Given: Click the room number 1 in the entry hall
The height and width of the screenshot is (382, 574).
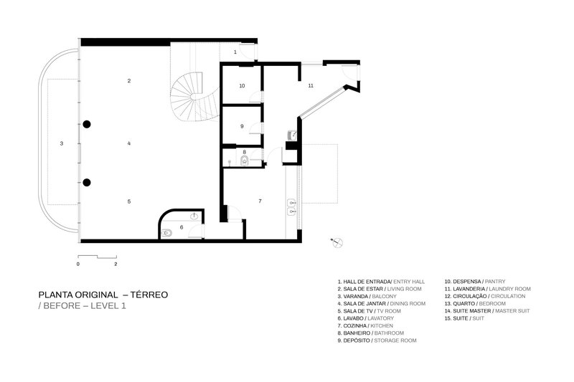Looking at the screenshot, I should [x=235, y=53].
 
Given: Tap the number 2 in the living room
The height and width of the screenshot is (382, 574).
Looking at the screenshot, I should [x=129, y=81].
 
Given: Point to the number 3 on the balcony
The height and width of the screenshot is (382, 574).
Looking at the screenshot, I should [x=62, y=143].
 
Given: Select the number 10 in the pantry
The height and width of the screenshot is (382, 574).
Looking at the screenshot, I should [x=242, y=85].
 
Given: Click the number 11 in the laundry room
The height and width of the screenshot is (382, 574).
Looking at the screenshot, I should [x=311, y=85].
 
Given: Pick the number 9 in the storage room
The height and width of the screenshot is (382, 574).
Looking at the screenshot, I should [x=242, y=126].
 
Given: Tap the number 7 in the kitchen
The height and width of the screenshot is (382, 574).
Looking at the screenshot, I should [x=260, y=201].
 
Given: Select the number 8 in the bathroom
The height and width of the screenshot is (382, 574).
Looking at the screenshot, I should [x=244, y=152].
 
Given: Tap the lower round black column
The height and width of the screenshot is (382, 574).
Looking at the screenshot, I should [x=86, y=182].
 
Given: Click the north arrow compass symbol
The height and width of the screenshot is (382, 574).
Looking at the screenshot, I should [x=335, y=242].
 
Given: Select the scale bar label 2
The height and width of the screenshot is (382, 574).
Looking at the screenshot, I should [x=116, y=264].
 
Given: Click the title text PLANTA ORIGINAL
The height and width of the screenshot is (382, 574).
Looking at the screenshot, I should [x=79, y=295].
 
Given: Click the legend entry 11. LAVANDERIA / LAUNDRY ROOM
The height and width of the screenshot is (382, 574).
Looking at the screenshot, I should [x=486, y=288].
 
